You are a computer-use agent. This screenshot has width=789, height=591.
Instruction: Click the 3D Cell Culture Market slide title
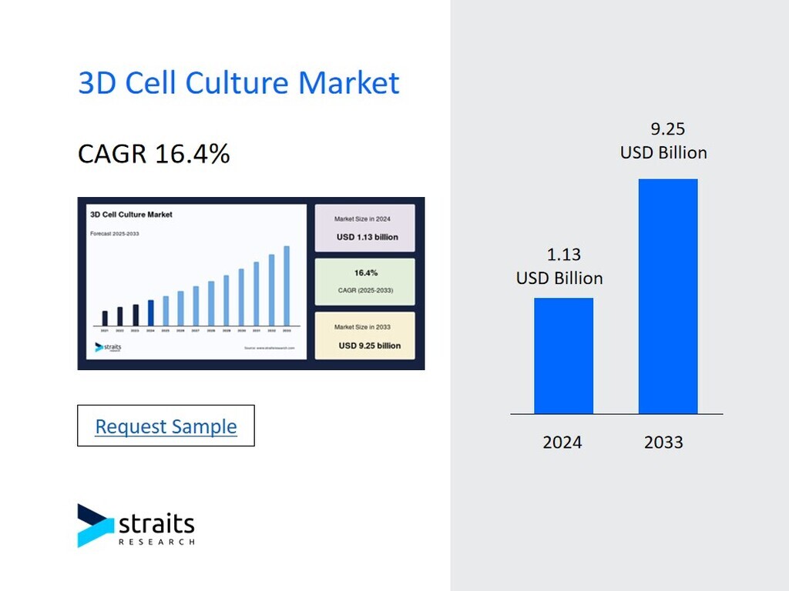pos(239,82)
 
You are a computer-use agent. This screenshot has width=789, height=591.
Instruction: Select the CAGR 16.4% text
pos(154,154)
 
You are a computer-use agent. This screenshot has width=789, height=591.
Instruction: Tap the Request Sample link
pos(166,426)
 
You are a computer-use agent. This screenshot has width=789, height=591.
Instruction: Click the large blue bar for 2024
pos(563,356)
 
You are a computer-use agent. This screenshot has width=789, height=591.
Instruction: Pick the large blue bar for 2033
pos(668,296)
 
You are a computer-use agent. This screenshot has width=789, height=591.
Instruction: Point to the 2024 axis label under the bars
pos(562,442)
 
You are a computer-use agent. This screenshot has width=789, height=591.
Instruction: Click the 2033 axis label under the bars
pos(663,442)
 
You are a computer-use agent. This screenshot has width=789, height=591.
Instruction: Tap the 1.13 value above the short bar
pos(563,255)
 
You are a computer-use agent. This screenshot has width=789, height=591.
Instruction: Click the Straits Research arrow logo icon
pos(95,525)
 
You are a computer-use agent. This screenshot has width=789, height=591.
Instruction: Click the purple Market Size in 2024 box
pos(365,228)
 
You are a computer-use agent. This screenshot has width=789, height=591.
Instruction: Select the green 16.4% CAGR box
pos(365,282)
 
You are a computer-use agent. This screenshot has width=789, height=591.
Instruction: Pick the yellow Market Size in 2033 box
pos(365,336)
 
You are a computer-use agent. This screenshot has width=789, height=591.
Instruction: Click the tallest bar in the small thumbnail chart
pos(287,285)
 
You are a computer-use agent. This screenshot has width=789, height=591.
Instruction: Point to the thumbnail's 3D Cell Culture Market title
pos(131,215)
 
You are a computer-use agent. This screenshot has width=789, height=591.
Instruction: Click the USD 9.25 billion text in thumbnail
pos(370,346)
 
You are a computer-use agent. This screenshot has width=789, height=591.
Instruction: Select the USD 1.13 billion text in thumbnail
pos(368,237)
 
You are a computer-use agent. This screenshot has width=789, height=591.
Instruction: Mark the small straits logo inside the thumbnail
pos(108,347)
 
